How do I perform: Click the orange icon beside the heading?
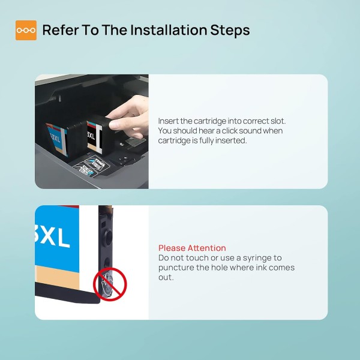click(x=26, y=30)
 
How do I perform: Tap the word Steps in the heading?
click(x=229, y=30)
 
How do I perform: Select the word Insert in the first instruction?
click(x=168, y=121)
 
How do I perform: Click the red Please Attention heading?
click(x=192, y=248)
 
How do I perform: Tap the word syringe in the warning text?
click(x=261, y=257)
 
